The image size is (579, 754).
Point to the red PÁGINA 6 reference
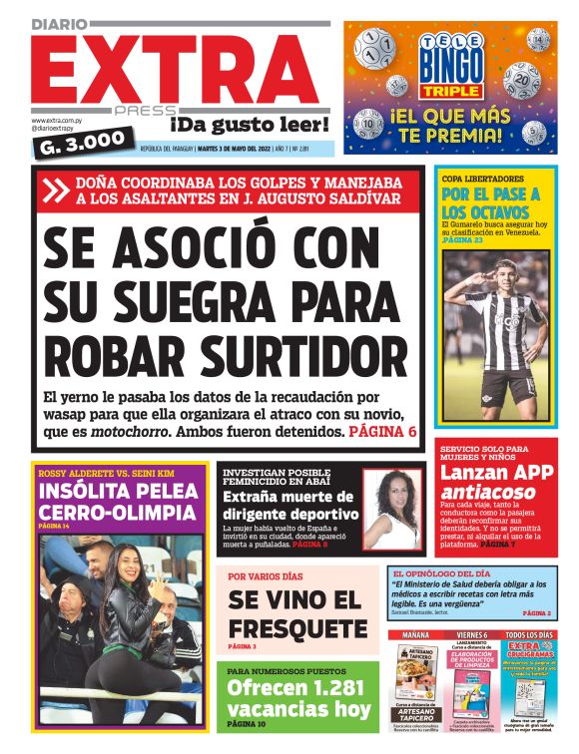pos(382,432)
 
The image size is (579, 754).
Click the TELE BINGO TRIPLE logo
pos(457,65)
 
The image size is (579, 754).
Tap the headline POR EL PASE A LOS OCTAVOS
pos(490,202)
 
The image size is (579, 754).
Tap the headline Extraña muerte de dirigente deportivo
pos(288,506)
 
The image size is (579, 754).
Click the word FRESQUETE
pos(297,628)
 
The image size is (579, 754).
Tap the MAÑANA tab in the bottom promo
pos(415,634)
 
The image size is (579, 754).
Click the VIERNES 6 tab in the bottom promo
pos(472,634)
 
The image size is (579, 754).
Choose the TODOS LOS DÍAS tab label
pos(530,634)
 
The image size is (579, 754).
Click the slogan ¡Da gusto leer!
pos(250,124)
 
